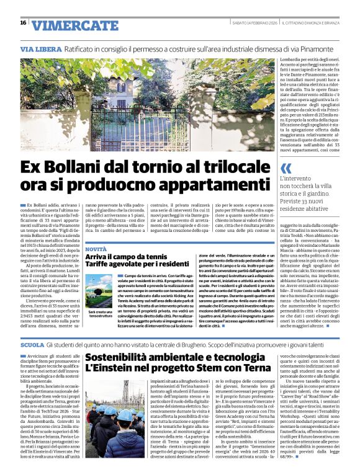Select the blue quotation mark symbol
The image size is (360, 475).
286,169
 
